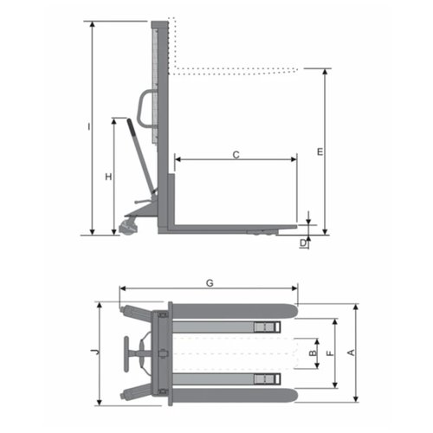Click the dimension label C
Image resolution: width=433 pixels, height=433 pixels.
(x=236, y=155)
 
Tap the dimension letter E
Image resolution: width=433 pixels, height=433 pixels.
(x=320, y=152)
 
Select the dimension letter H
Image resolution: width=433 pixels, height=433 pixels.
(x=108, y=177)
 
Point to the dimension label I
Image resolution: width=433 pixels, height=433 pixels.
(x=89, y=126)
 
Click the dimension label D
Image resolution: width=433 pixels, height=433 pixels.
(x=303, y=243)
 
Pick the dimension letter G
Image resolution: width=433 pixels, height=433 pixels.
(x=210, y=283)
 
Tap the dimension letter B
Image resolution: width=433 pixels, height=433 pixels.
(x=313, y=353)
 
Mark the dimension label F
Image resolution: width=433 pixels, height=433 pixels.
(x=329, y=353)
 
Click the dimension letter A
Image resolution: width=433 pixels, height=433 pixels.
(x=351, y=352)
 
